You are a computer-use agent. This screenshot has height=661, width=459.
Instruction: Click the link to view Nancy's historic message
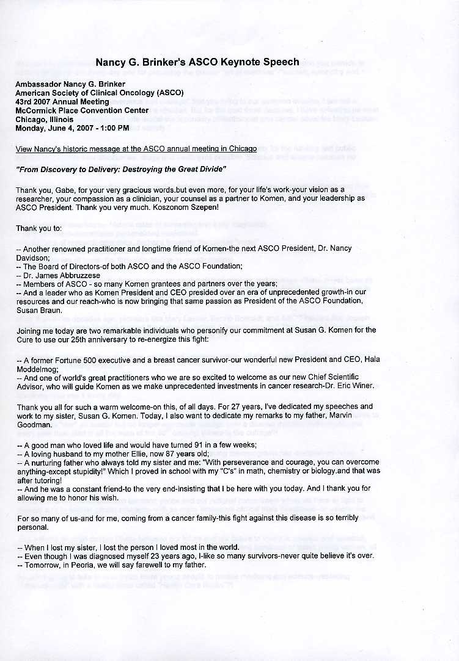(136, 149)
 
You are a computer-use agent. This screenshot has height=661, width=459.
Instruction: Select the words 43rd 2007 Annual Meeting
(62, 101)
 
